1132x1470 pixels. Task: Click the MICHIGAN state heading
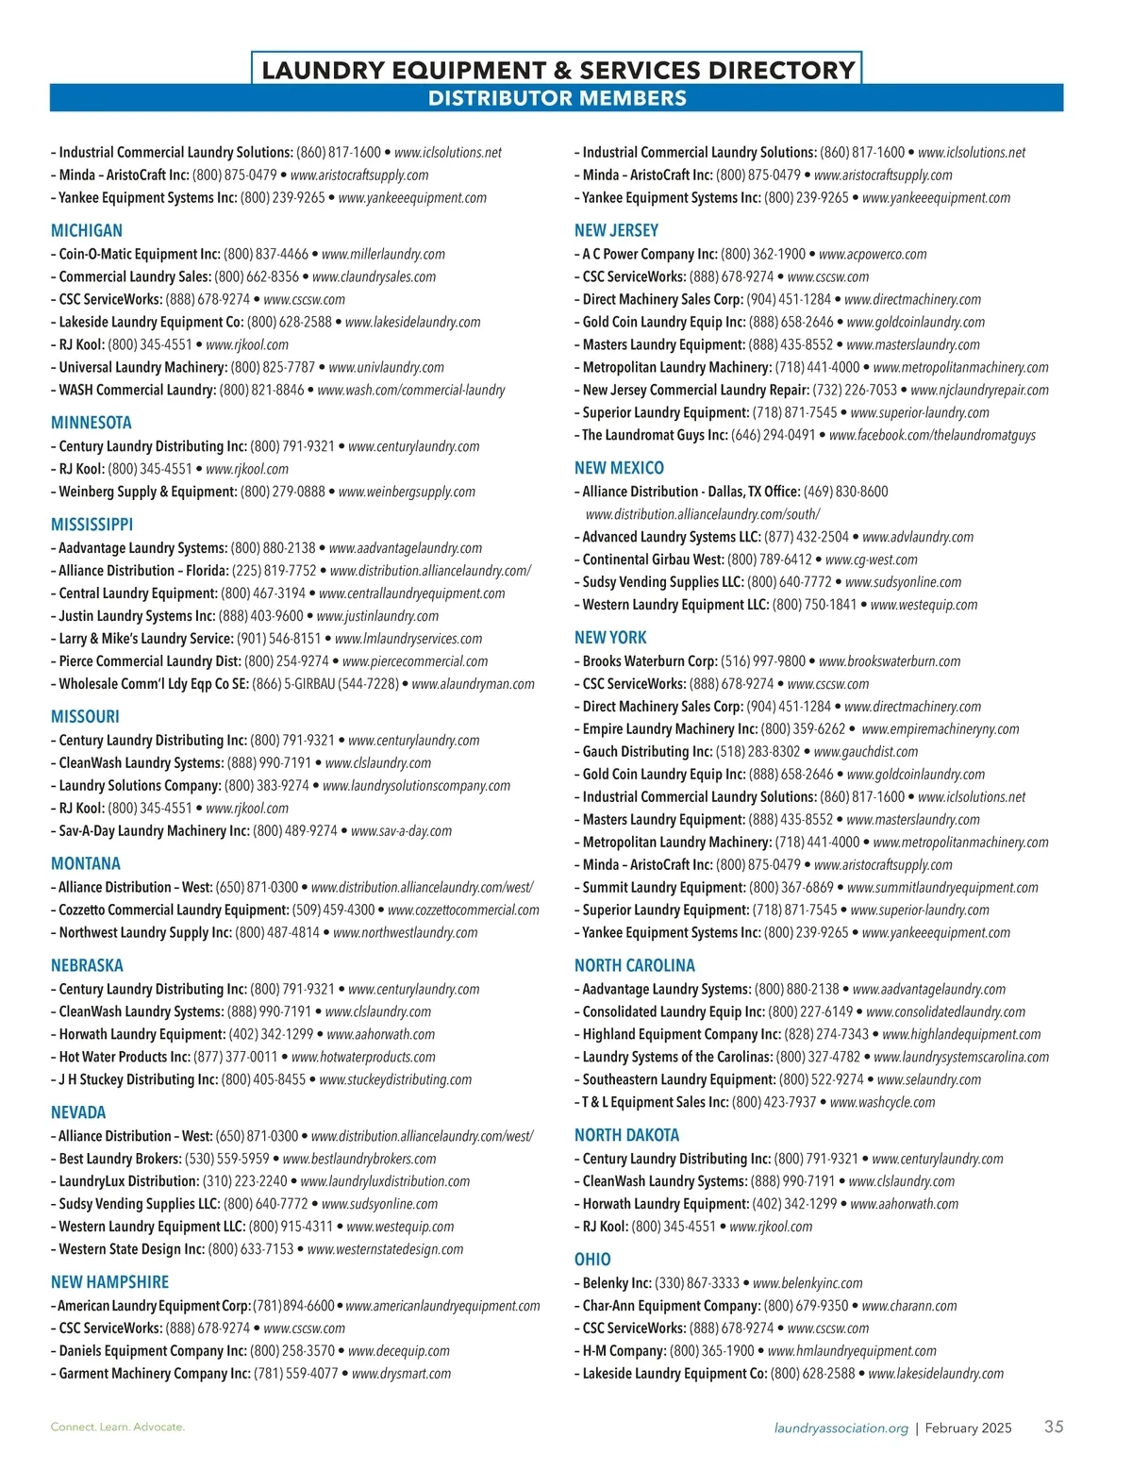pyautogui.click(x=87, y=230)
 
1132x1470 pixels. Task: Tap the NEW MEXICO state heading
pyautogui.click(x=619, y=468)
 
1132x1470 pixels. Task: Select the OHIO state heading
pyautogui.click(x=592, y=1260)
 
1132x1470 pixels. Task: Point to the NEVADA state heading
pyautogui.click(x=78, y=1112)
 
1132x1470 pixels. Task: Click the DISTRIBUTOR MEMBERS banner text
pyautogui.click(x=557, y=98)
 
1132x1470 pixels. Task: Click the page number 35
pyautogui.click(x=1054, y=1427)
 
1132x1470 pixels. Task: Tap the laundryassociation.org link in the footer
pyautogui.click(x=841, y=1428)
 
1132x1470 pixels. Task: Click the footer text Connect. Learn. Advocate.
pyautogui.click(x=118, y=1428)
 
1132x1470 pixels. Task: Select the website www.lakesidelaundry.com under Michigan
pyautogui.click(x=412, y=322)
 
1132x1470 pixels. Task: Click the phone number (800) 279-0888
pyautogui.click(x=282, y=492)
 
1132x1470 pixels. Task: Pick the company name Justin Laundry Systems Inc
pyautogui.click(x=137, y=616)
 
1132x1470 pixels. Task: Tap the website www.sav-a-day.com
pyautogui.click(x=401, y=831)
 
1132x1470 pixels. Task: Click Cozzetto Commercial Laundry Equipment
pyautogui.click(x=174, y=910)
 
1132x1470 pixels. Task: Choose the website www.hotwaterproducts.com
pyautogui.click(x=363, y=1058)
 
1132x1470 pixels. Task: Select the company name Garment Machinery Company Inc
pyautogui.click(x=155, y=1374)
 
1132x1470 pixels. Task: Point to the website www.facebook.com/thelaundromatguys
pyautogui.click(x=932, y=435)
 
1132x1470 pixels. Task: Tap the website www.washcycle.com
pyautogui.click(x=882, y=1102)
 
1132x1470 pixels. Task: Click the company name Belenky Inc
pyautogui.click(x=617, y=1283)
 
